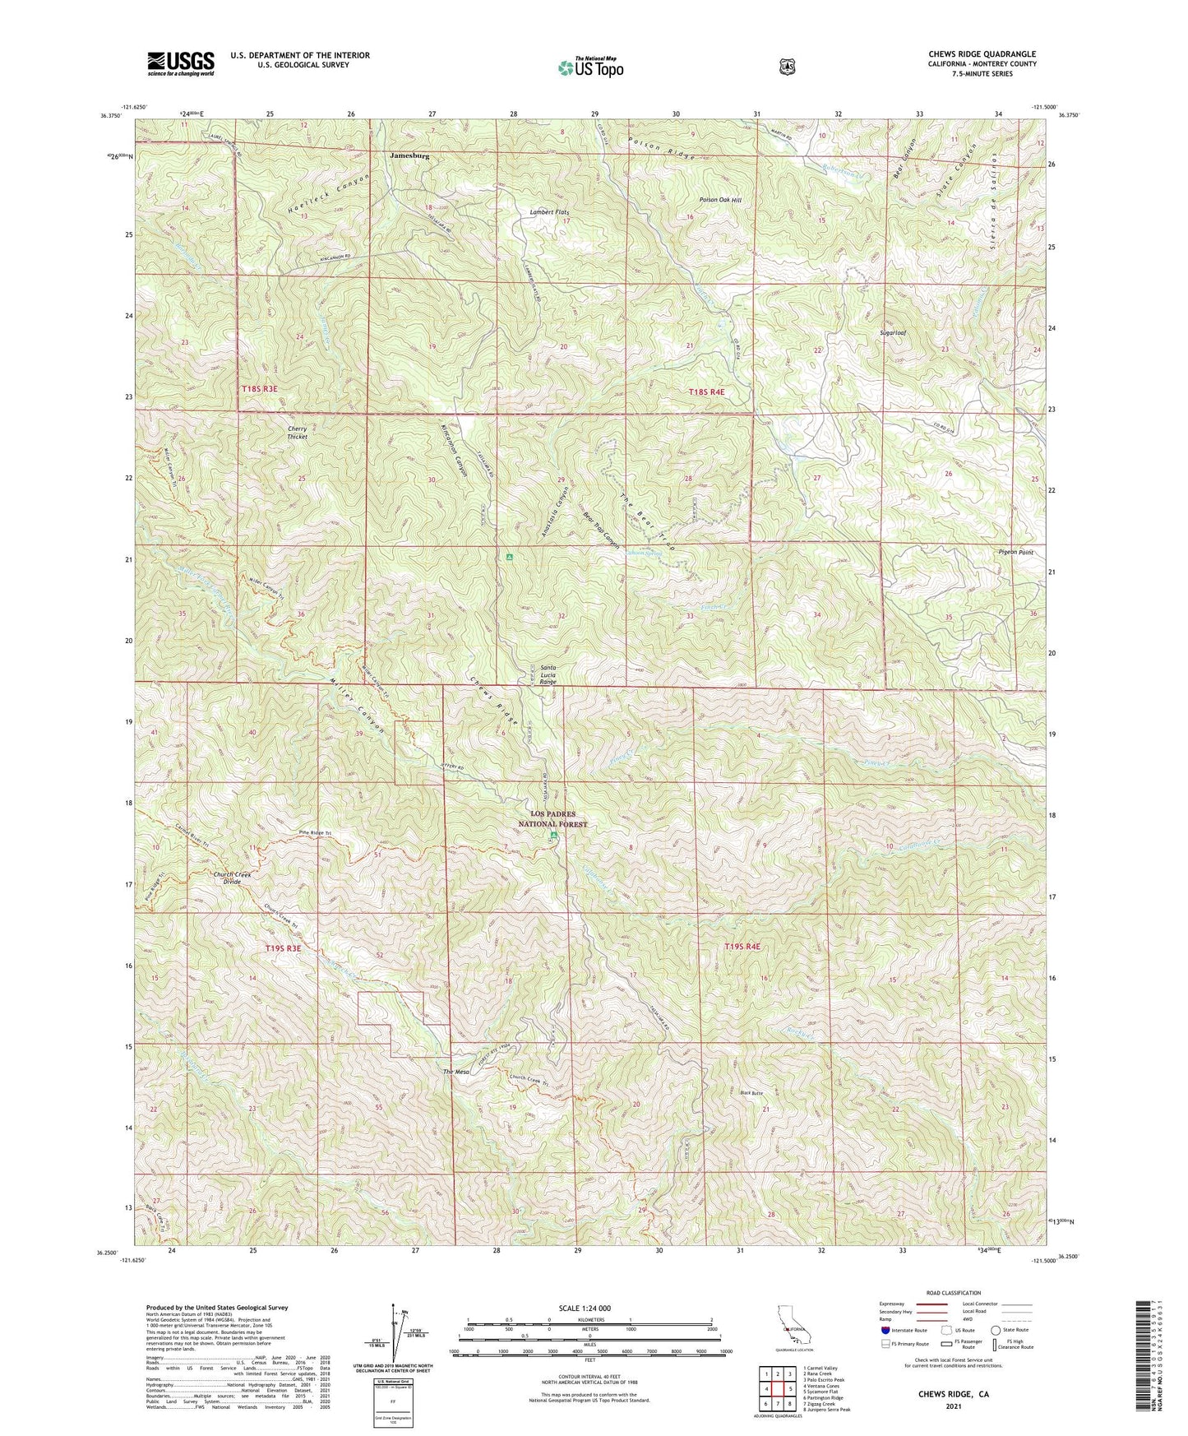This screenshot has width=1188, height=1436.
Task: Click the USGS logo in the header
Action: coord(181,63)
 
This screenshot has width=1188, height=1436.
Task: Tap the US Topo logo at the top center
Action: coord(589,68)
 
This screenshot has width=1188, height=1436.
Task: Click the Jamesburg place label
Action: coord(409,155)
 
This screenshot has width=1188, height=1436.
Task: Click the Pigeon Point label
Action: coord(1015,552)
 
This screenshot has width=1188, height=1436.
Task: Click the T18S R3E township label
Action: coord(260,388)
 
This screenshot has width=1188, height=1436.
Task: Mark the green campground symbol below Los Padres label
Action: coord(553,836)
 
